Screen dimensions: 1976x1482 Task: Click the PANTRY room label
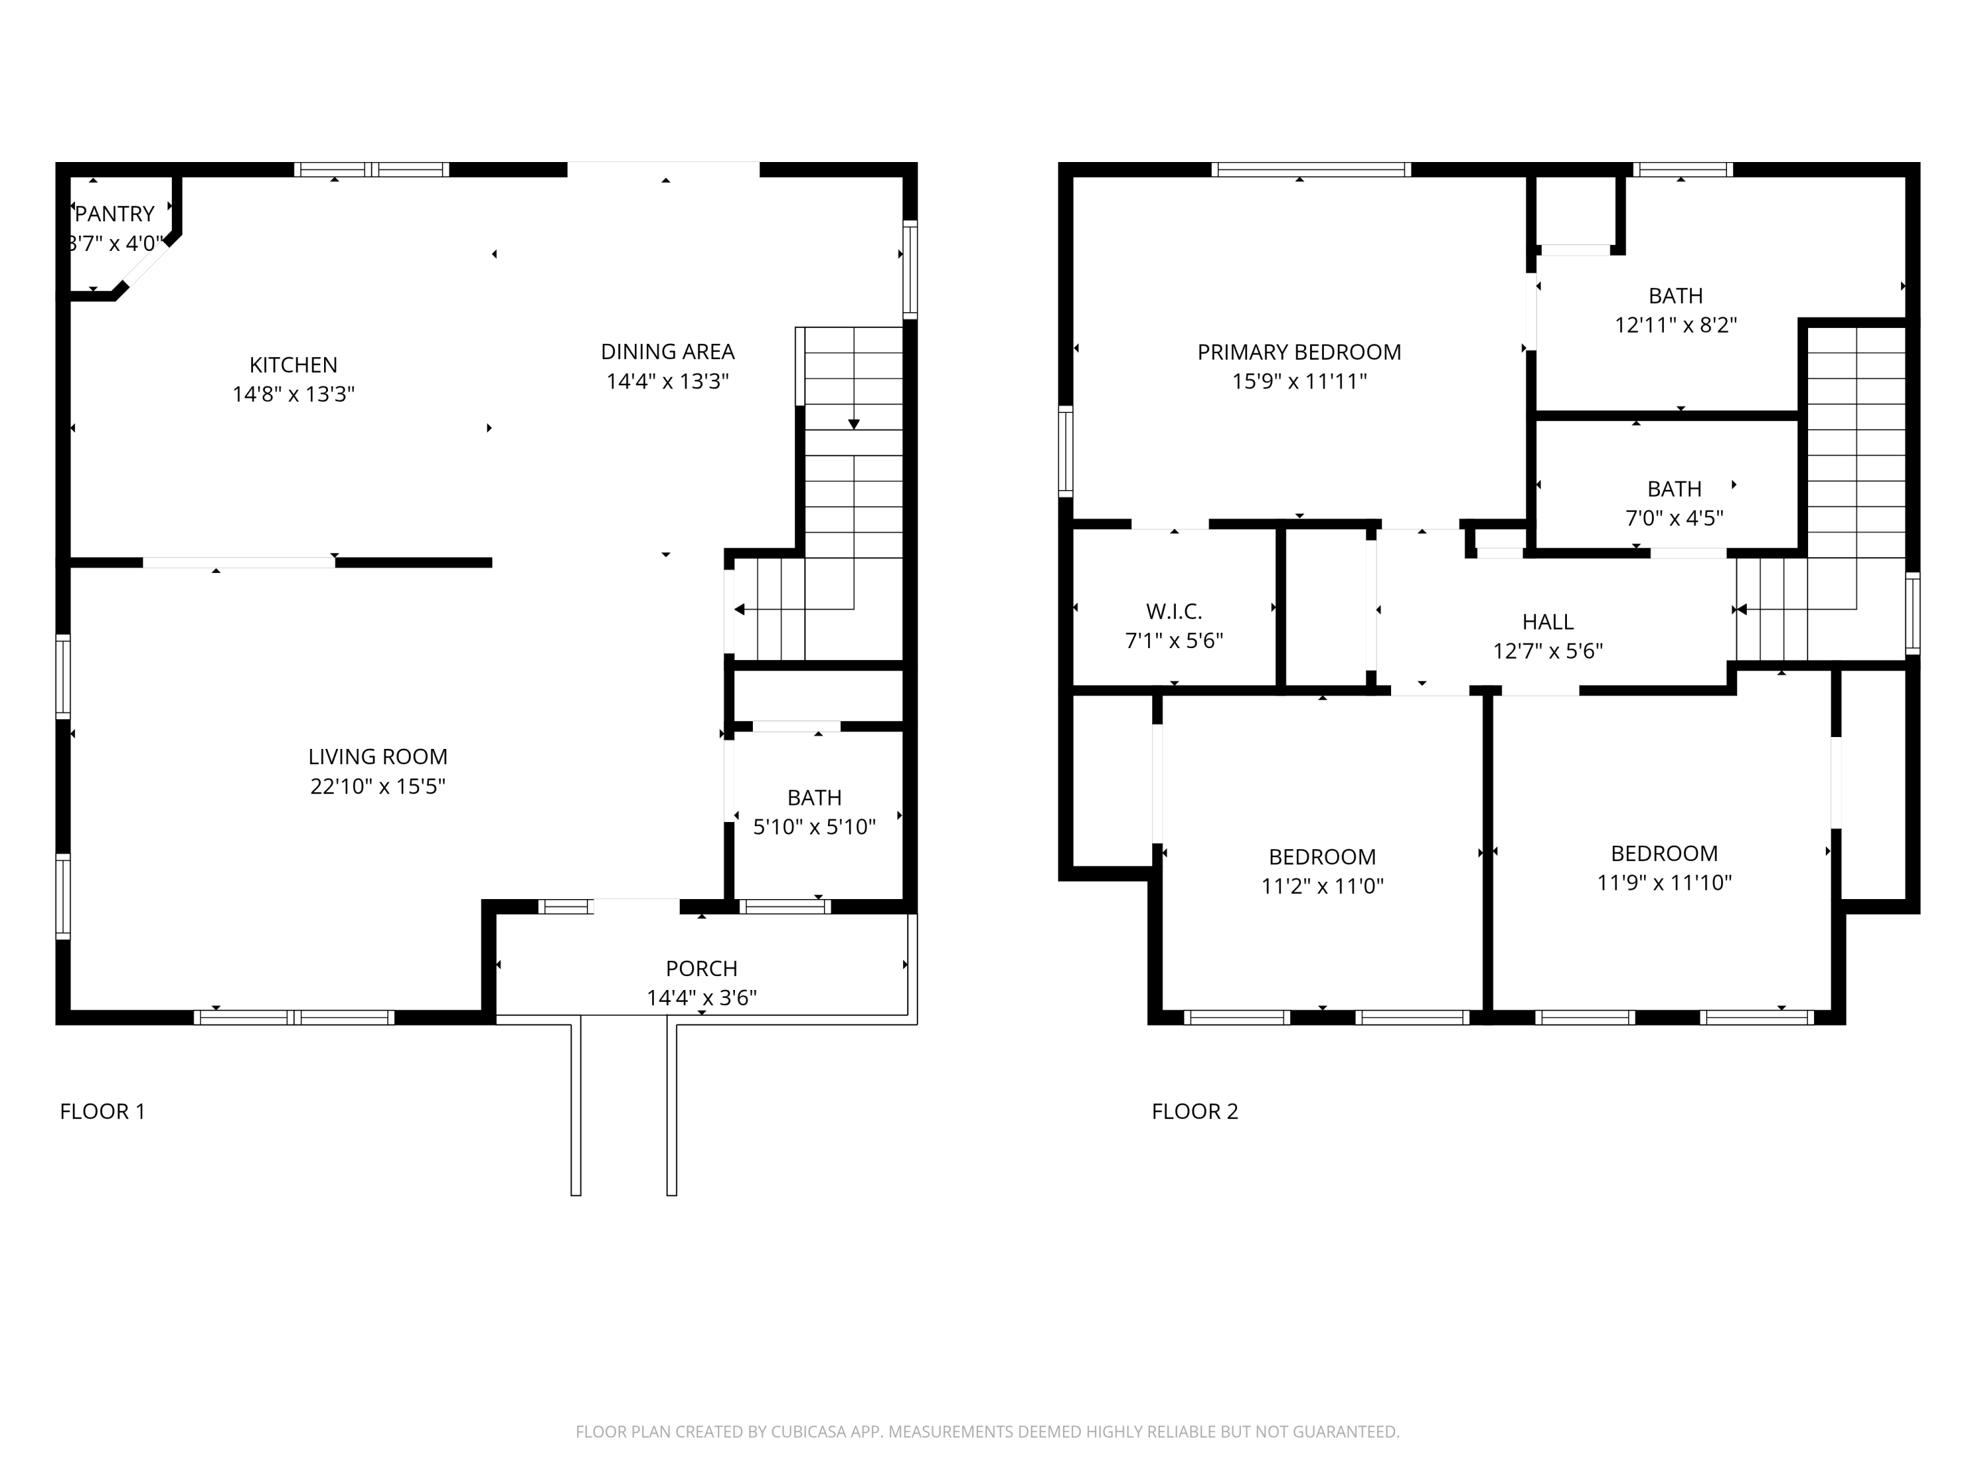[x=115, y=214]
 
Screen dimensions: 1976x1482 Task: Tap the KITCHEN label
[x=293, y=366]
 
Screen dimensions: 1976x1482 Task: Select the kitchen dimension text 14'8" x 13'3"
[x=293, y=394]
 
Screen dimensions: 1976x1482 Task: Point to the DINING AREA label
[x=667, y=352]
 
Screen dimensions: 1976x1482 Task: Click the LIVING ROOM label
[x=378, y=757]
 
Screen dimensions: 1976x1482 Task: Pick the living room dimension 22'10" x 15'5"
[x=378, y=786]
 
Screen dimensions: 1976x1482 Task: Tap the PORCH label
[x=701, y=968]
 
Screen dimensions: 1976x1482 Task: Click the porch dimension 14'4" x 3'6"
[x=701, y=998]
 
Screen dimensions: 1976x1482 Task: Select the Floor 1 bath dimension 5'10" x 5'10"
[x=814, y=827]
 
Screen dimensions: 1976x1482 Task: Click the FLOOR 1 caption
[x=102, y=1111]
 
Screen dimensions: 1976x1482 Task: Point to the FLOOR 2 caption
[x=1194, y=1111]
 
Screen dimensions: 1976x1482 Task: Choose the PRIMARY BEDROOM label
[x=1299, y=352]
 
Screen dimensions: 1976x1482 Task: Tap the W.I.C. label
[x=1174, y=612]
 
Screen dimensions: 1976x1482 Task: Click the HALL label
[x=1547, y=622]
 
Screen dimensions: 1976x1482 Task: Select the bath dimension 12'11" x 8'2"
[x=1675, y=325]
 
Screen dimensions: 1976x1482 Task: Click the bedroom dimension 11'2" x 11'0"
[x=1322, y=886]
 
